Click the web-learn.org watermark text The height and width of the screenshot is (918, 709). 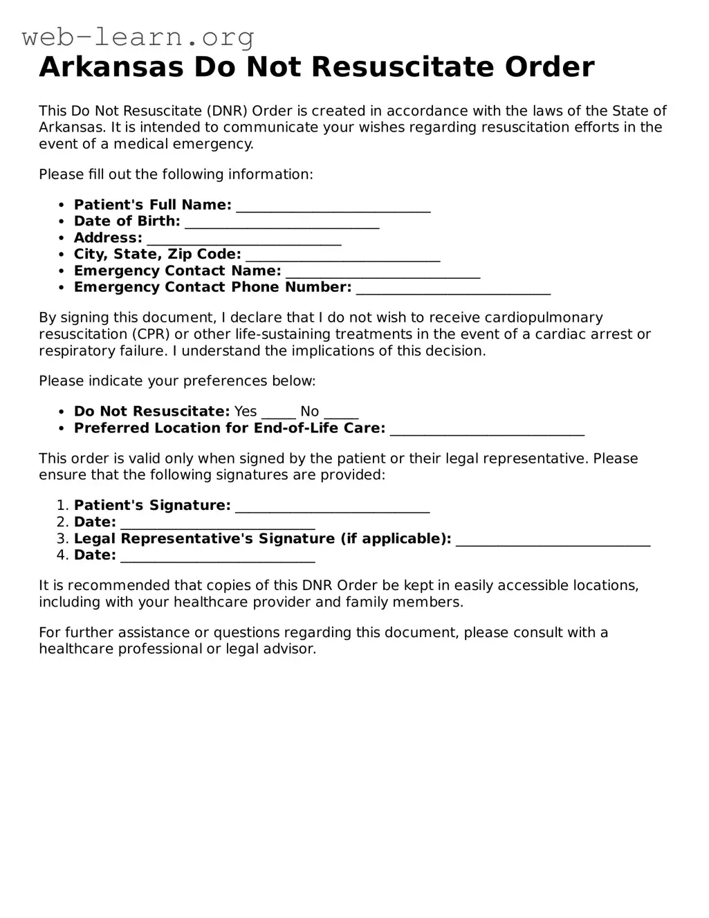138,37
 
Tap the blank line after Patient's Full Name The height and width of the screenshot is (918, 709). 333,206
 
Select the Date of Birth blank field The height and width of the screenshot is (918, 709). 282,223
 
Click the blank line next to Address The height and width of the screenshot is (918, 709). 244,239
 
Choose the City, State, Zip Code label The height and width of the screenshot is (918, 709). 158,254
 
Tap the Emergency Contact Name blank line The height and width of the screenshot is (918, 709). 383,272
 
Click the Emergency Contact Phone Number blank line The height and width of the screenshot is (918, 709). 453,288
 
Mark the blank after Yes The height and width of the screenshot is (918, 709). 279,413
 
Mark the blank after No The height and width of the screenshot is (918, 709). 341,413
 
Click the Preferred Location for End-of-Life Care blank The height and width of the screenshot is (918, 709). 487,430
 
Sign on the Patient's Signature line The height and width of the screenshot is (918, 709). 333,507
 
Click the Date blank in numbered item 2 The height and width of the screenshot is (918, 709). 218,524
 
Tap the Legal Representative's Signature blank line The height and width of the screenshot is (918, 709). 553,540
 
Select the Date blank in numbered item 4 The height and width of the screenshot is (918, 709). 218,557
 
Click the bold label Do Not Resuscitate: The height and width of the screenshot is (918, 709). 151,412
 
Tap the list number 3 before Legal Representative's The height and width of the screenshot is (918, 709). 62,539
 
